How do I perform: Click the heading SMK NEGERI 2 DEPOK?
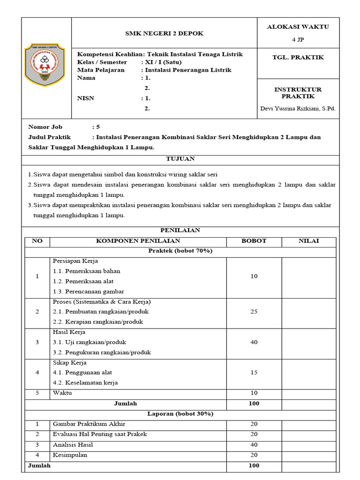(x=164, y=33)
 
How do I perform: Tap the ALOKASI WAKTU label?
(x=298, y=27)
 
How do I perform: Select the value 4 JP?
(x=298, y=40)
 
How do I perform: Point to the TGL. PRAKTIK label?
(x=298, y=58)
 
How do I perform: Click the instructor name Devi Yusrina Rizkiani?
(x=298, y=109)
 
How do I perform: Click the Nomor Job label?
(x=45, y=127)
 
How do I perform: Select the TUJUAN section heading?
(x=180, y=159)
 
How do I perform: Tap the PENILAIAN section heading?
(x=180, y=230)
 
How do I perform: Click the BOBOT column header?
(x=254, y=241)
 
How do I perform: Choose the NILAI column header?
(x=308, y=241)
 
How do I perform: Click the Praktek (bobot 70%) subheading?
(x=180, y=251)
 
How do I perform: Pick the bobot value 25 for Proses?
(x=254, y=312)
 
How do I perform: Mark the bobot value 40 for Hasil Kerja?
(x=254, y=342)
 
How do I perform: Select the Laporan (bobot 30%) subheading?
(x=180, y=414)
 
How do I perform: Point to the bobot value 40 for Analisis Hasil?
(x=254, y=445)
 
